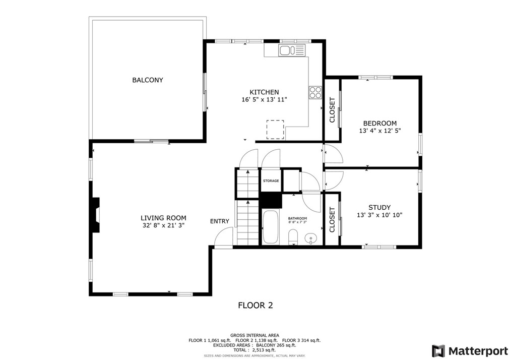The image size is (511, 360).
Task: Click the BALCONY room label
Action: pyautogui.click(x=147, y=80)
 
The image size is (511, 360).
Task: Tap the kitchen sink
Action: pyautogui.click(x=292, y=50)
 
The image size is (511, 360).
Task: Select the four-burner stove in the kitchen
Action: pyautogui.click(x=315, y=92)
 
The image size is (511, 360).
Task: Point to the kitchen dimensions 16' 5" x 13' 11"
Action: pyautogui.click(x=264, y=99)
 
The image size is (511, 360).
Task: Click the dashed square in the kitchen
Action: pyautogui.click(x=275, y=130)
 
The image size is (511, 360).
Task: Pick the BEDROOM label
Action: pyautogui.click(x=379, y=123)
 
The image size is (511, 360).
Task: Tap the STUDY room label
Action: pyautogui.click(x=379, y=207)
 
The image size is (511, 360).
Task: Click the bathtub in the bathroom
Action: pyautogui.click(x=271, y=227)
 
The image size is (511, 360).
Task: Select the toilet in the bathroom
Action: pyautogui.click(x=293, y=236)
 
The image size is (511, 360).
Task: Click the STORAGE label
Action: pyautogui.click(x=271, y=181)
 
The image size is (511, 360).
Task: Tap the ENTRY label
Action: pyautogui.click(x=219, y=221)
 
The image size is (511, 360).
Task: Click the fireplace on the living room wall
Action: pyautogui.click(x=96, y=215)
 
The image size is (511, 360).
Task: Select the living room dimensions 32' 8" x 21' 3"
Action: pyautogui.click(x=163, y=225)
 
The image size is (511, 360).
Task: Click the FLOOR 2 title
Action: pyautogui.click(x=255, y=305)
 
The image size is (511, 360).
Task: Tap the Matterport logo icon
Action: pyautogui.click(x=438, y=351)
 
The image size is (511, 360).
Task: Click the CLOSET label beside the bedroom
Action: pyautogui.click(x=332, y=110)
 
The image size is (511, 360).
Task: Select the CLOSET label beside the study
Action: pyautogui.click(x=332, y=219)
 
